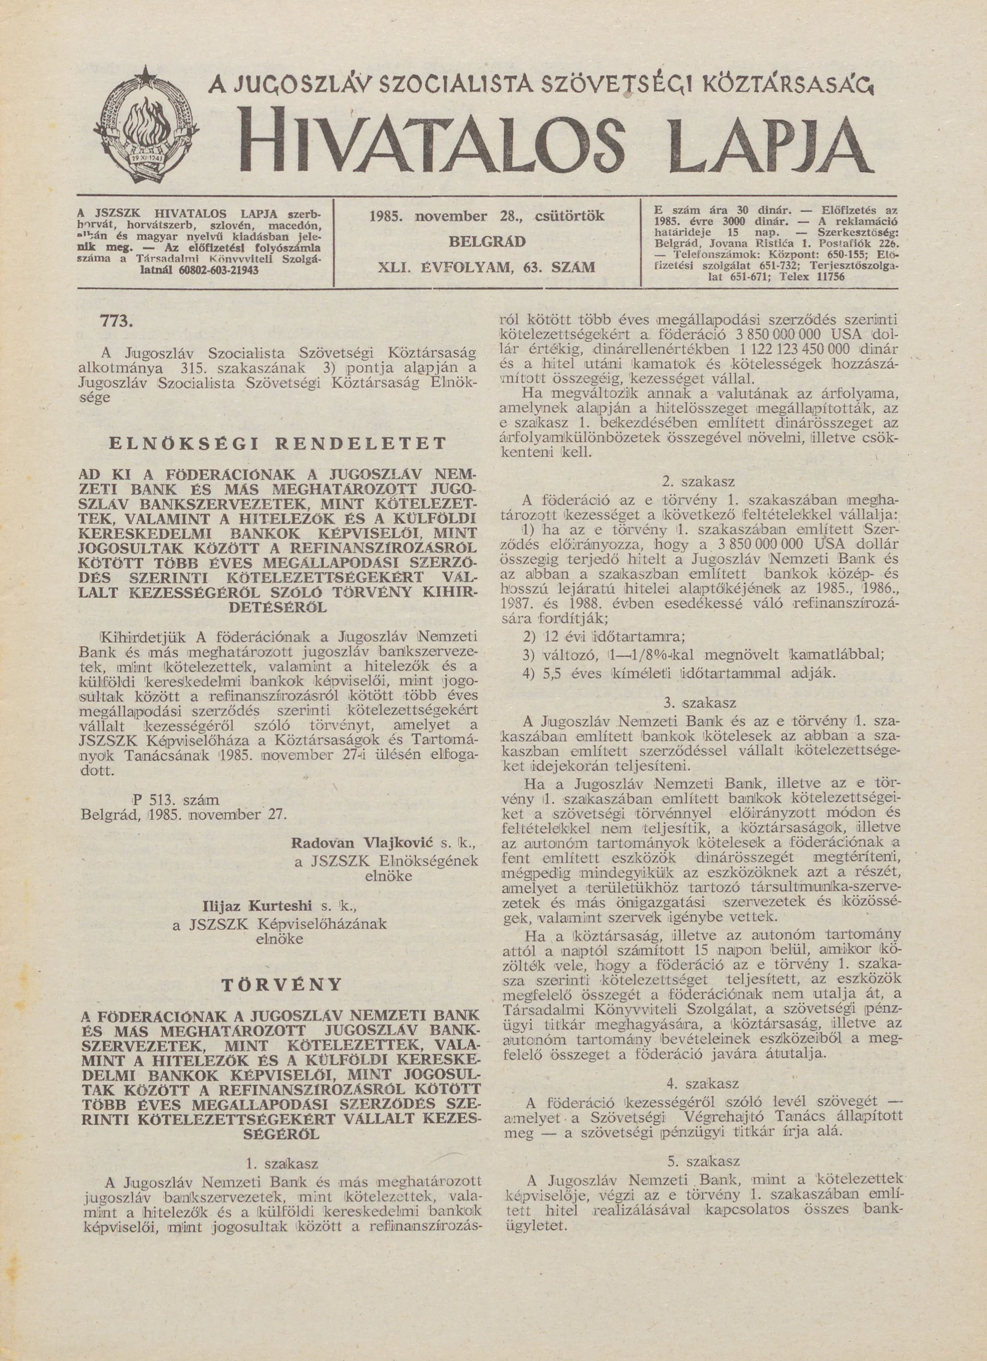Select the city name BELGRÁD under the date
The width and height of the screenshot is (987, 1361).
coord(487,242)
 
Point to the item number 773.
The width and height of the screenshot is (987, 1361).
coord(117,321)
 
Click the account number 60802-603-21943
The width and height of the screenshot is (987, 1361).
coord(219,270)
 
